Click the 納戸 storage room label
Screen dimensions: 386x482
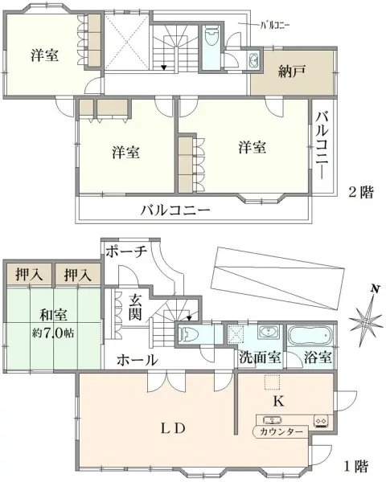[292, 71]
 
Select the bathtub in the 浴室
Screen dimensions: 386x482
[310, 336]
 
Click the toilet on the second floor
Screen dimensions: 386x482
[211, 37]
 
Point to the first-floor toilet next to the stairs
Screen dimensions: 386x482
[187, 333]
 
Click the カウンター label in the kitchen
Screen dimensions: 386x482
[281, 432]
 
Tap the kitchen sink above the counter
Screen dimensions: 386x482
[272, 419]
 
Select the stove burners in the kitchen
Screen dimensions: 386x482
[321, 420]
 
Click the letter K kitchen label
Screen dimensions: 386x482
[278, 401]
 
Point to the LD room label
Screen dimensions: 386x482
[173, 428]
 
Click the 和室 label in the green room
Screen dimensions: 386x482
[53, 315]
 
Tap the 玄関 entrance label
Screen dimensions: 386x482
[135, 307]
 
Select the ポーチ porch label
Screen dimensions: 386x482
[126, 252]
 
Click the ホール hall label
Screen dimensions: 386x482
[138, 360]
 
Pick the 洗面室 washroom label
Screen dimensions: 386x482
[260, 357]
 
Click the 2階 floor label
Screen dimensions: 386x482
[361, 193]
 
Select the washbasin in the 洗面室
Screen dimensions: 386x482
[269, 333]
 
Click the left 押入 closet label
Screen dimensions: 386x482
[29, 274]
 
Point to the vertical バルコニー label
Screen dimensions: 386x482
[322, 145]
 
